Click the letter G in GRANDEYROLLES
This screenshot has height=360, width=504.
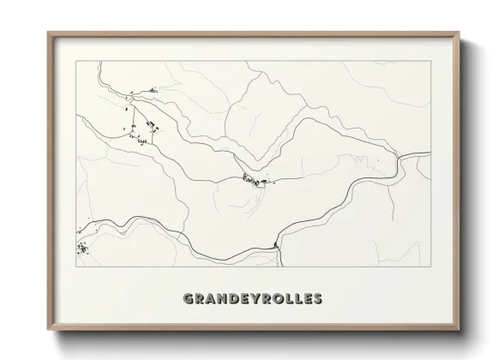pyautogui.click(x=189, y=299)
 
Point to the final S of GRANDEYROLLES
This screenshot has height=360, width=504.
pyautogui.click(x=317, y=299)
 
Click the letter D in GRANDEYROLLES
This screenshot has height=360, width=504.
pyautogui.click(x=232, y=299)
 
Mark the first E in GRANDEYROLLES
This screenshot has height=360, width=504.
pyautogui.click(x=243, y=299)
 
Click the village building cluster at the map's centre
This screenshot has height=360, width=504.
pyautogui.click(x=254, y=180)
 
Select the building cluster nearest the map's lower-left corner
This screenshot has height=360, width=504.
pyautogui.click(x=82, y=249)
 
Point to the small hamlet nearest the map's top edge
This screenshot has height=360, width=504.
pyautogui.click(x=153, y=90)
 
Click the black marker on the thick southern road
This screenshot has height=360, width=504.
pyautogui.click(x=276, y=247)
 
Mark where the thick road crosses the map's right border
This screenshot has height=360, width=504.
pyautogui.click(x=430, y=155)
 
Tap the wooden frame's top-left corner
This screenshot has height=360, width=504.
pyautogui.click(x=48, y=33)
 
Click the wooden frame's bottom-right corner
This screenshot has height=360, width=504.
pyautogui.click(x=459, y=331)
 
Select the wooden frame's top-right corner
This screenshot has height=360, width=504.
pyautogui.click(x=459, y=33)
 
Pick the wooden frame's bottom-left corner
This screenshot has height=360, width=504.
pyautogui.click(x=48, y=331)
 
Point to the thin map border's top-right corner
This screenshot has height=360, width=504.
pyautogui.click(x=430, y=61)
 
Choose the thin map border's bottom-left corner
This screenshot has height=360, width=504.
pyautogui.click(x=76, y=267)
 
